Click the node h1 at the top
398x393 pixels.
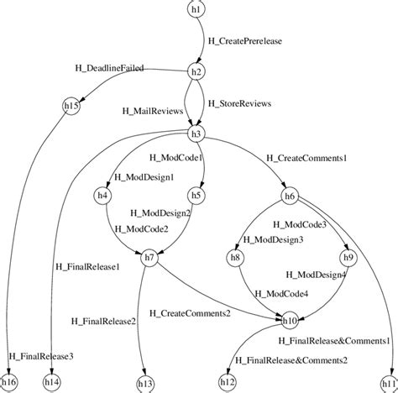[x=196, y=8]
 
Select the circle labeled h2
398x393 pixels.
[x=196, y=72]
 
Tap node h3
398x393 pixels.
[x=196, y=134]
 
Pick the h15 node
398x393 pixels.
[x=72, y=106]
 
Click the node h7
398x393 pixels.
[x=149, y=257]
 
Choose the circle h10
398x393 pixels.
[x=290, y=320]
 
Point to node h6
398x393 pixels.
[x=290, y=196]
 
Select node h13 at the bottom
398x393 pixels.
[x=145, y=382]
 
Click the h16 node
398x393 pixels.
[x=10, y=382]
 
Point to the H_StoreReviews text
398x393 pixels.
[x=239, y=103]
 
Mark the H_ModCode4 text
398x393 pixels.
[x=281, y=293]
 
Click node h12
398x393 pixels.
[x=228, y=382]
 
